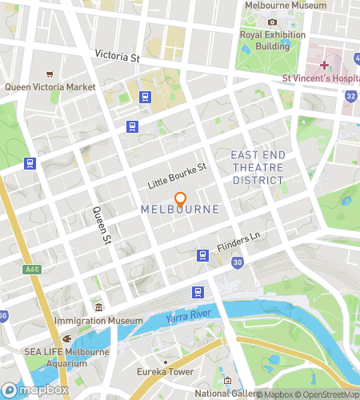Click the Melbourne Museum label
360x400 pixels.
pyautogui.click(x=286, y=6)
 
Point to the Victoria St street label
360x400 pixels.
pyautogui.click(x=117, y=58)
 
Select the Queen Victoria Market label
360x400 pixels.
pyautogui.click(x=51, y=86)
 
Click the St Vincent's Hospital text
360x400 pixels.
pyautogui.click(x=320, y=78)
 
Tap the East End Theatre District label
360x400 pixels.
pyautogui.click(x=258, y=167)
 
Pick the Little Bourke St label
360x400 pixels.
pyautogui.click(x=177, y=176)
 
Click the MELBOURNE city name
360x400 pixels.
pyautogui.click(x=180, y=210)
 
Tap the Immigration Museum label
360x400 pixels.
pyautogui.click(x=98, y=321)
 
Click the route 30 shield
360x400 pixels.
pyautogui.click(x=238, y=262)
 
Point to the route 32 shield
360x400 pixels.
pyautogui.click(x=351, y=96)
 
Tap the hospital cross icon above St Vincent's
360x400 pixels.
pyautogui.click(x=324, y=65)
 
